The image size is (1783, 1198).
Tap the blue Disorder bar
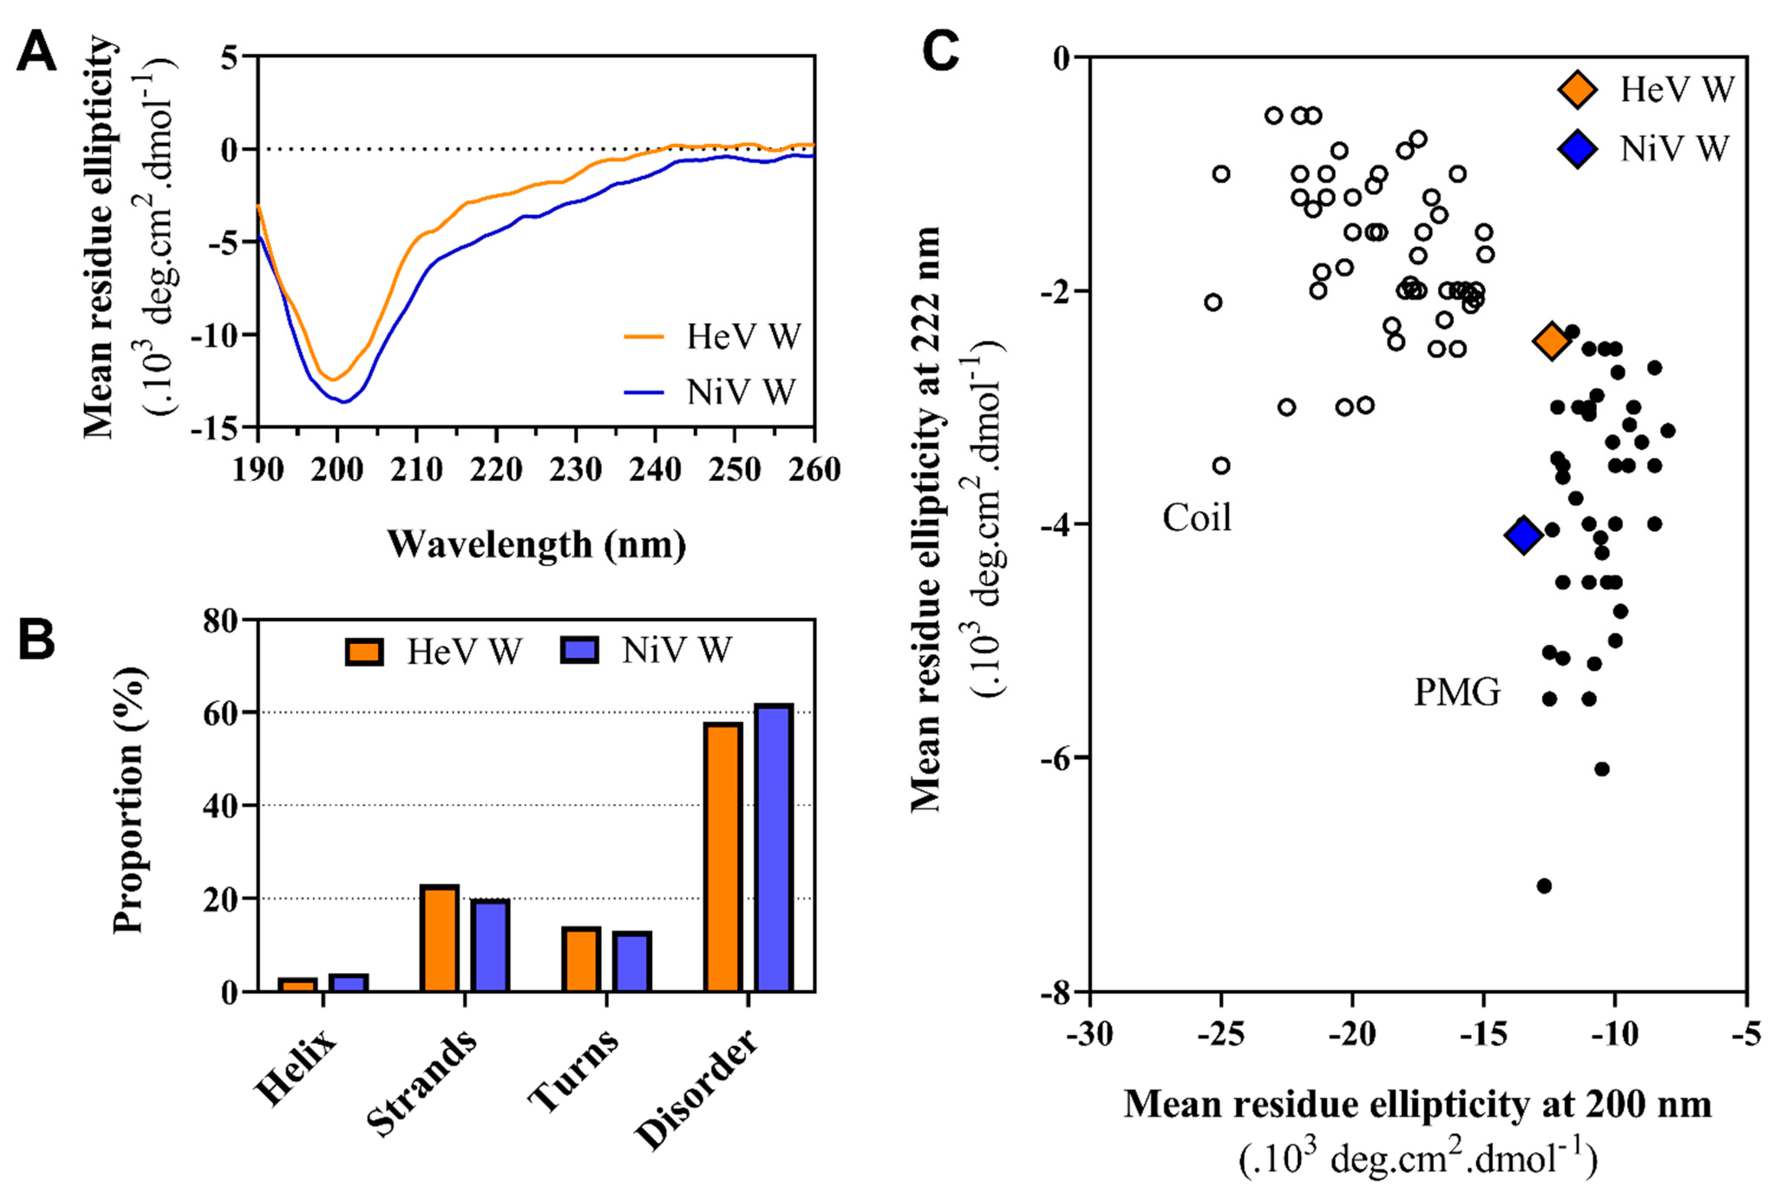point(773,848)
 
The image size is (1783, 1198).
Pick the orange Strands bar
point(439,938)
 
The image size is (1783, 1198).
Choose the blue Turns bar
point(631,961)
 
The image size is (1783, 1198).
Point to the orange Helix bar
point(297,985)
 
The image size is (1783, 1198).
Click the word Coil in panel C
point(1197,518)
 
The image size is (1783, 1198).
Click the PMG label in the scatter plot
point(1457,692)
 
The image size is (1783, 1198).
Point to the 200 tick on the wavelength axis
point(337,469)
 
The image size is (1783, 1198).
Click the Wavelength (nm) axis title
point(537,545)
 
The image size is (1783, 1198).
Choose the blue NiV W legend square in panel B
point(579,651)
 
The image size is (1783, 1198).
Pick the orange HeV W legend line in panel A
point(644,336)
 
